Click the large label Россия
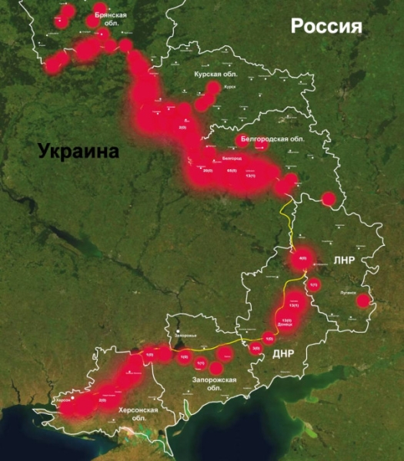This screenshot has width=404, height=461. click(326, 27)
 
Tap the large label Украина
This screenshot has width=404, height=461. click(79, 151)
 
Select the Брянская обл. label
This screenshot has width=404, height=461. click(111, 19)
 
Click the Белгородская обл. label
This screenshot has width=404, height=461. click(269, 139)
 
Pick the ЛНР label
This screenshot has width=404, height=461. click(344, 260)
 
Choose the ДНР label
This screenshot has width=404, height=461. click(282, 353)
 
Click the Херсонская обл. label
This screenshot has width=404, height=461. click(139, 415)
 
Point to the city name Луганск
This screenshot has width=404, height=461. click(348, 293)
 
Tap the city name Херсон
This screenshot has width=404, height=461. click(64, 401)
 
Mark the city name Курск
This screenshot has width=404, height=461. click(229, 88)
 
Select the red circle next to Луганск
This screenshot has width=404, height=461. click(363, 301)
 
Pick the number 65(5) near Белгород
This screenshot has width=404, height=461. click(232, 171)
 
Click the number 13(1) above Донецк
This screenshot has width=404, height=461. click(293, 306)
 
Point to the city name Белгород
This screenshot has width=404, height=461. click(231, 158)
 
